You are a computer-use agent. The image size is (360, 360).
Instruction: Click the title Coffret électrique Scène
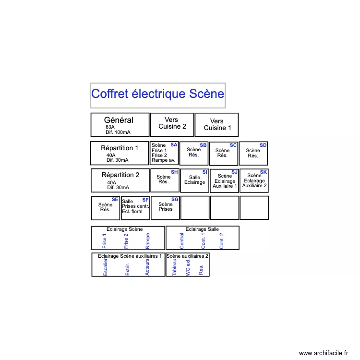pyautogui.click(x=157, y=94)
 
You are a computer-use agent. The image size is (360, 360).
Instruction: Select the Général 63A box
pyautogui.click(x=120, y=125)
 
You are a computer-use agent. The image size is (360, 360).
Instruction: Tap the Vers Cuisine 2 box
pyautogui.click(x=172, y=125)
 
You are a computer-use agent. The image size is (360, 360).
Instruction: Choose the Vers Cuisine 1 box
pyautogui.click(x=216, y=125)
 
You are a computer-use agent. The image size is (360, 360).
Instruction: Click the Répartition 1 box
pyautogui.click(x=120, y=153)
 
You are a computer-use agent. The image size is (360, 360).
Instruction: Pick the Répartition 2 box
pyautogui.click(x=120, y=180)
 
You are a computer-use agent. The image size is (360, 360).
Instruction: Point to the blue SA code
pyautogui.click(x=174, y=144)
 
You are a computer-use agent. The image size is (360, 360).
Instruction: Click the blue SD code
pyautogui.click(x=263, y=145)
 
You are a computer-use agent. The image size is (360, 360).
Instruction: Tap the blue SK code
pyautogui.click(x=264, y=172)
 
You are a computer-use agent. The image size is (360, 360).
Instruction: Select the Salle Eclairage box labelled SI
pyautogui.click(x=194, y=180)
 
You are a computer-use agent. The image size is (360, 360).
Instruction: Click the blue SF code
pyautogui.click(x=145, y=200)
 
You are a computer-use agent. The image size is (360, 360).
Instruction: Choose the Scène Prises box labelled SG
pyautogui.click(x=166, y=207)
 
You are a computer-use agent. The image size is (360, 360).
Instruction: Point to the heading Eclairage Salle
pyautogui.click(x=202, y=229)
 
